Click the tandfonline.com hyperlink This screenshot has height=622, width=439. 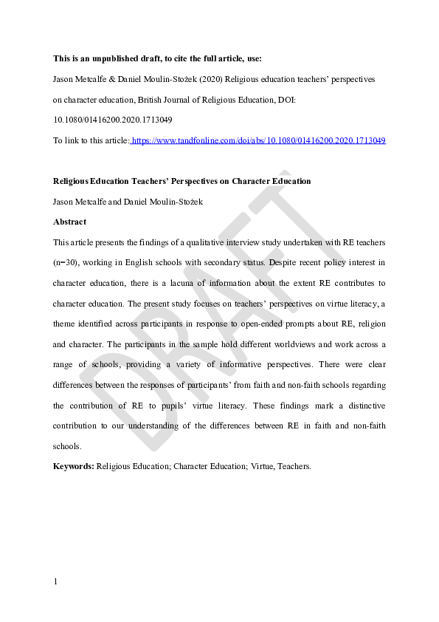point(258,140)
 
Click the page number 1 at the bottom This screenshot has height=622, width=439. point(55,581)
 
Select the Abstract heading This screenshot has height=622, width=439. point(69,222)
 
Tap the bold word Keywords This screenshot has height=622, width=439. point(73,466)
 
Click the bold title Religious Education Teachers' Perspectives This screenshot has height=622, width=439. point(182,181)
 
